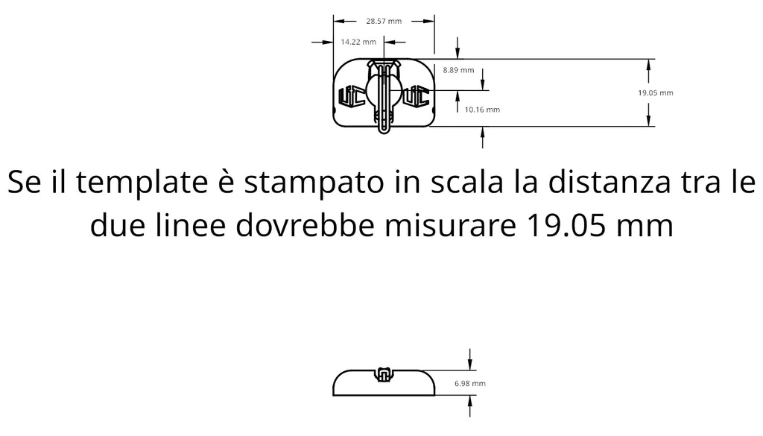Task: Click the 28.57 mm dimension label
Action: coord(384,21)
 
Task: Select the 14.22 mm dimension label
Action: coord(358,42)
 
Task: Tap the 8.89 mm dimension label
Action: coord(458,70)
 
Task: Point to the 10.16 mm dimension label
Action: coord(482,110)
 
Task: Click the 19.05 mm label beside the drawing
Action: coord(656,92)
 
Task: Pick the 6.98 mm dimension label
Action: coord(470,383)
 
